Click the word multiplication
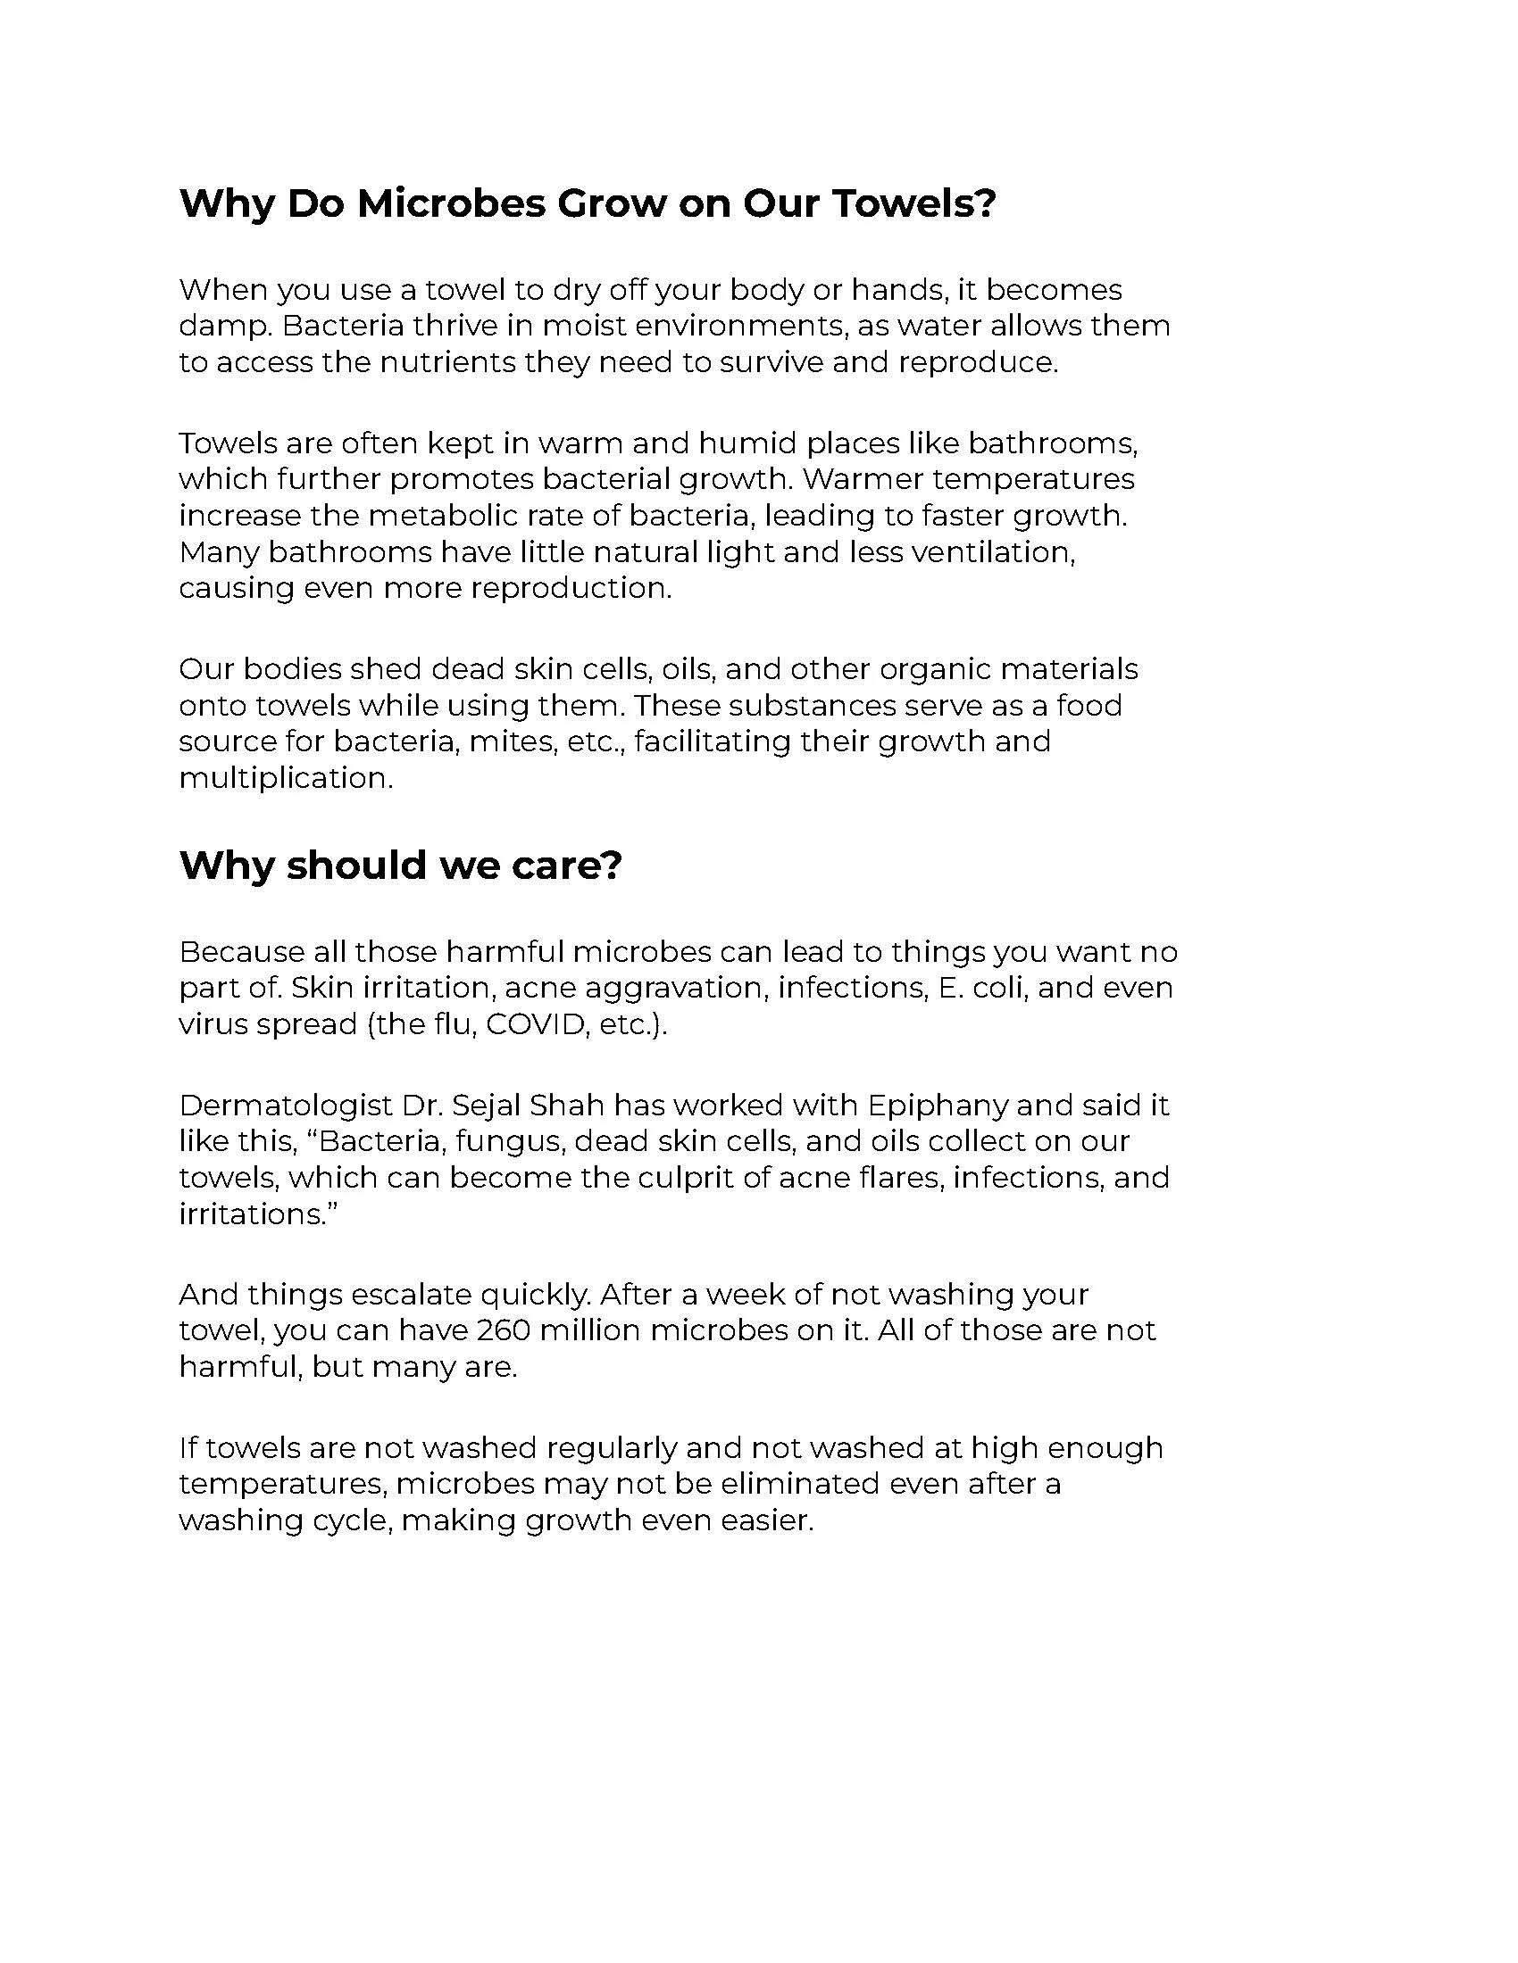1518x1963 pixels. [284, 778]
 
